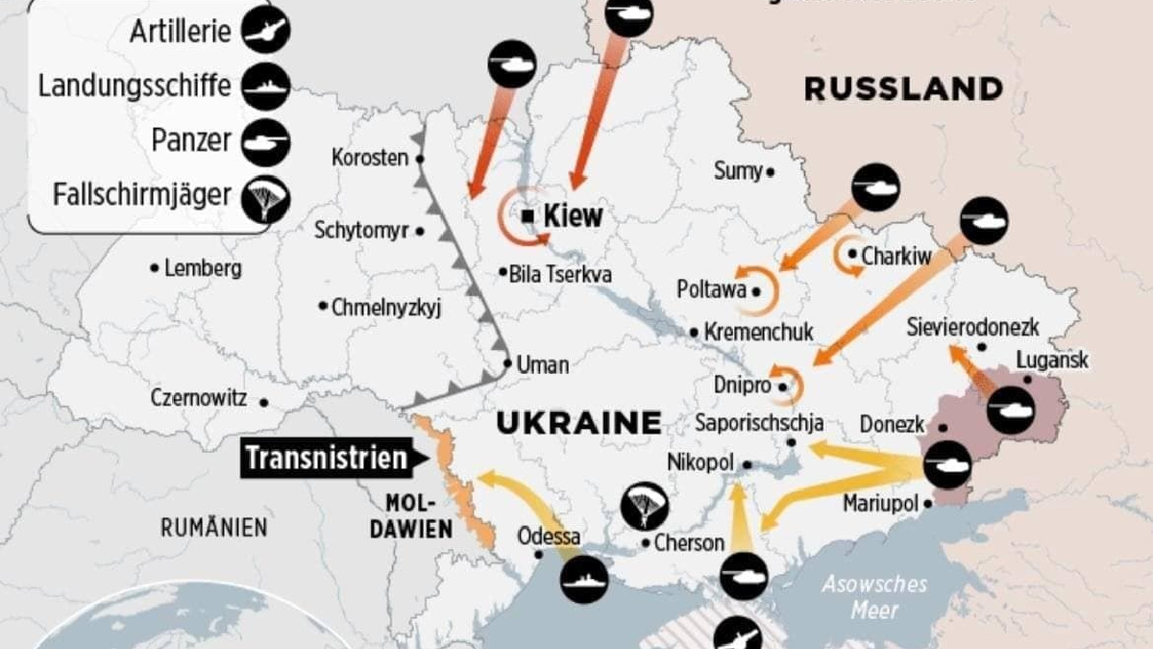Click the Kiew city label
pos(573,215)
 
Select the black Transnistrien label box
pos(327,458)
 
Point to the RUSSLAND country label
pos(903,89)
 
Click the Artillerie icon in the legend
pos(266,30)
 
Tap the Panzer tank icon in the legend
pos(266,142)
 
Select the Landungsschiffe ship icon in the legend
pos(266,87)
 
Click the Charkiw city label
pos(896,257)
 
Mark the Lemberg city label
pos(203,268)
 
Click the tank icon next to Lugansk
pos(1011,411)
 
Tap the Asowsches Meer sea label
pos(873,597)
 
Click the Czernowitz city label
pos(199,398)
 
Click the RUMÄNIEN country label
pos(213,527)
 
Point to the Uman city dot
pos(508,363)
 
